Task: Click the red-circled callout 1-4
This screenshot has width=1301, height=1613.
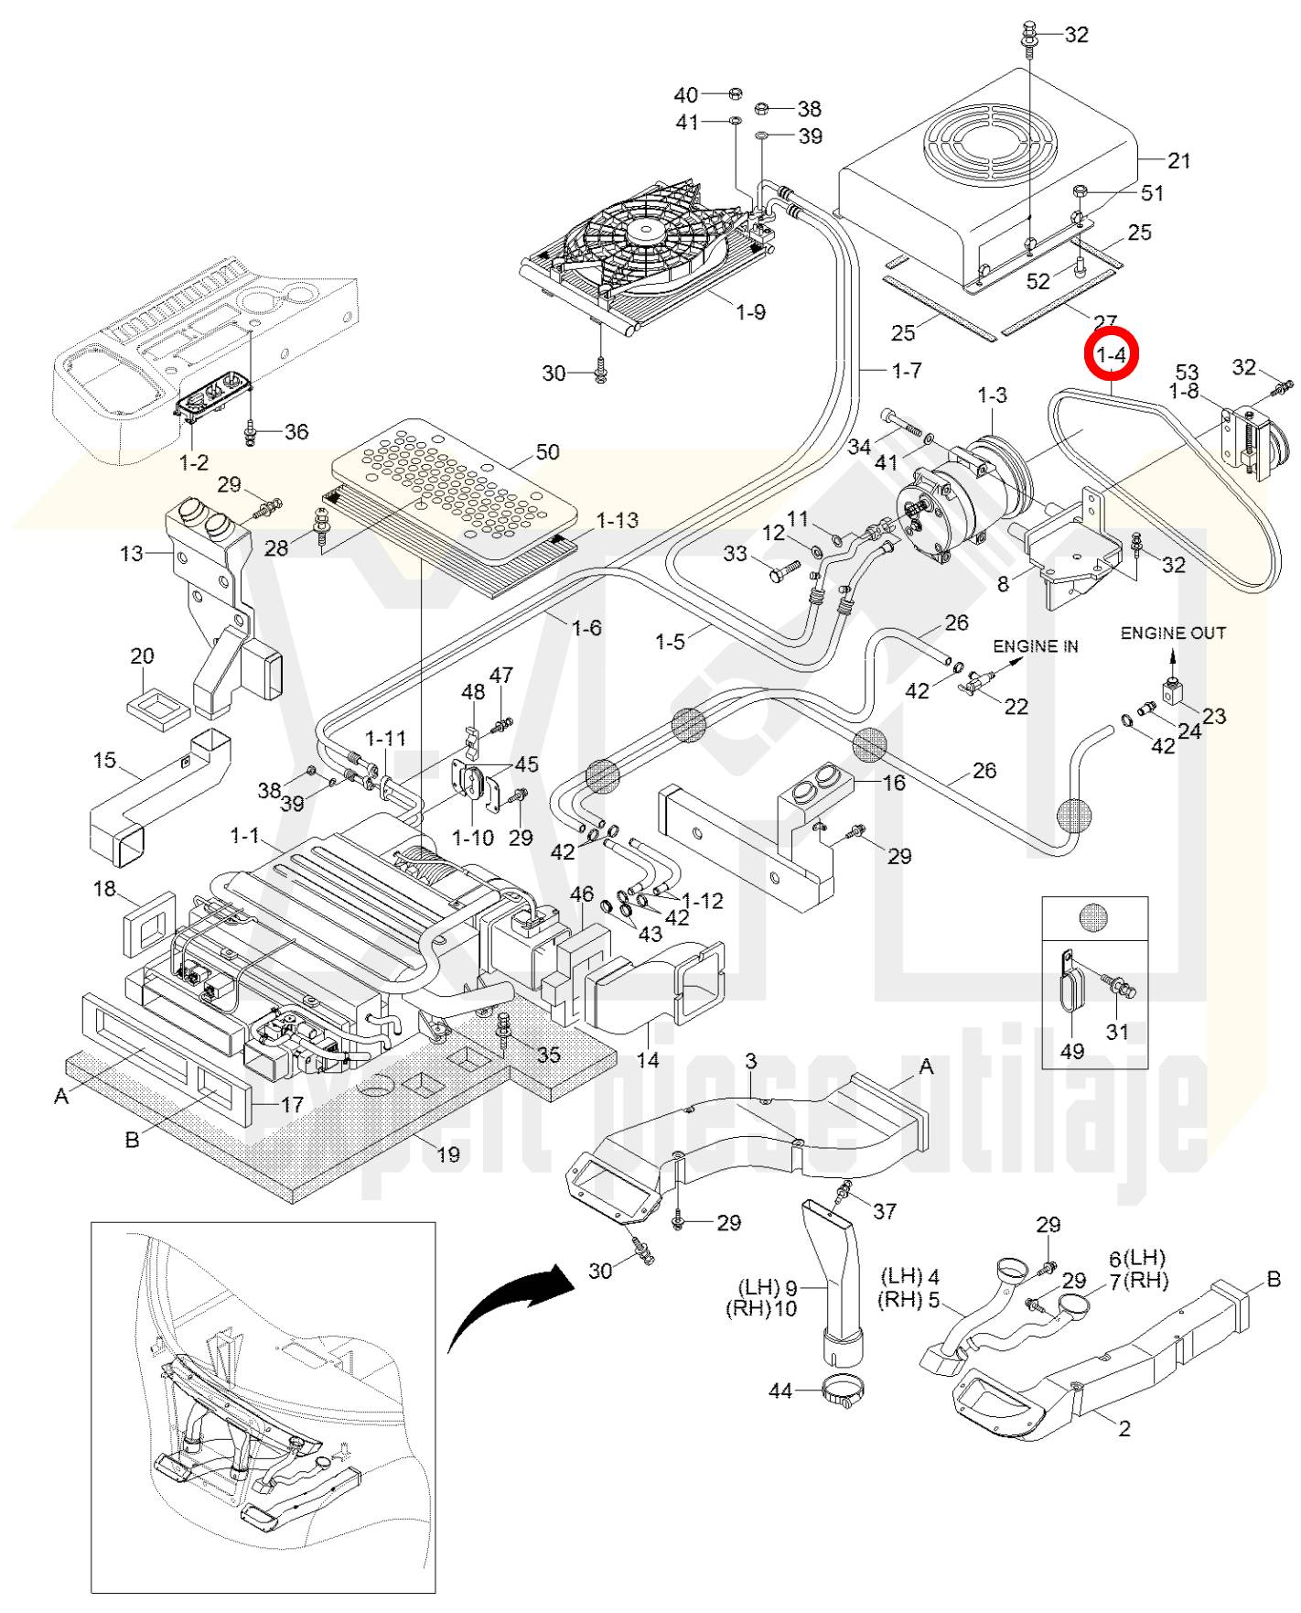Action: [1111, 354]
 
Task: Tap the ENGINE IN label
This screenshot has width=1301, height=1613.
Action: [1035, 646]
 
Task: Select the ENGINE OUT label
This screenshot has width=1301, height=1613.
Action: [1173, 633]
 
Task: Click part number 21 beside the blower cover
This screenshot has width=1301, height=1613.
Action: [1179, 161]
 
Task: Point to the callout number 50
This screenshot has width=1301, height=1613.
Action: [547, 452]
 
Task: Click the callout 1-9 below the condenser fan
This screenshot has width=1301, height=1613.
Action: [750, 312]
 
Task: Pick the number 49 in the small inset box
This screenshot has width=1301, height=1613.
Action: [1071, 1051]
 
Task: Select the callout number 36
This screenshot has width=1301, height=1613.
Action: [296, 431]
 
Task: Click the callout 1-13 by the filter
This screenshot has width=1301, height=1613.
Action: [617, 520]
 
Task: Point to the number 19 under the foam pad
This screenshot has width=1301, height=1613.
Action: [448, 1154]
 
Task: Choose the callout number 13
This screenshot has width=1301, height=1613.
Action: [132, 553]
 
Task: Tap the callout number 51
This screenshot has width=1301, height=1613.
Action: [1152, 193]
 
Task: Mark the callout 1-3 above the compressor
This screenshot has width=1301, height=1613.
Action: [992, 395]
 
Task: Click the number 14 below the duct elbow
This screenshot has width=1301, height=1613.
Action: [648, 1060]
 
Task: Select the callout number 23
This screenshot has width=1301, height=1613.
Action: [1214, 716]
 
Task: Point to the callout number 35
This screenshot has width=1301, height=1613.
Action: [548, 1054]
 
